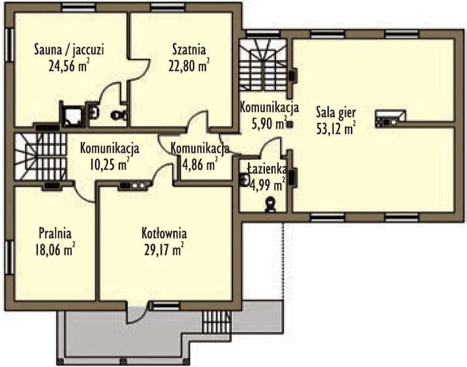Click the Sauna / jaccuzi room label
pos(69,50)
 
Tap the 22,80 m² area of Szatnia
pos(189,66)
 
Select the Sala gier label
pos(336,113)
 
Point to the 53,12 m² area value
pos(336,129)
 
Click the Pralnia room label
pos(55,233)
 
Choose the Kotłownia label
pos(164,233)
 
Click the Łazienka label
pos(267,169)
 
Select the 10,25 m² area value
pos(110,165)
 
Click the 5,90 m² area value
pos(269,123)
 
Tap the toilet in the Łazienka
pos(270,205)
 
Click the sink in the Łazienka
pos(245,179)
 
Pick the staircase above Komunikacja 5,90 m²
pos(263,65)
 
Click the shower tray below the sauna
pos(72,115)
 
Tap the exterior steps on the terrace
pos(216,322)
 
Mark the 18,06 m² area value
pos(55,250)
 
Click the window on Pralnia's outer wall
pos(10,257)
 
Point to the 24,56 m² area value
pos(69,66)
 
